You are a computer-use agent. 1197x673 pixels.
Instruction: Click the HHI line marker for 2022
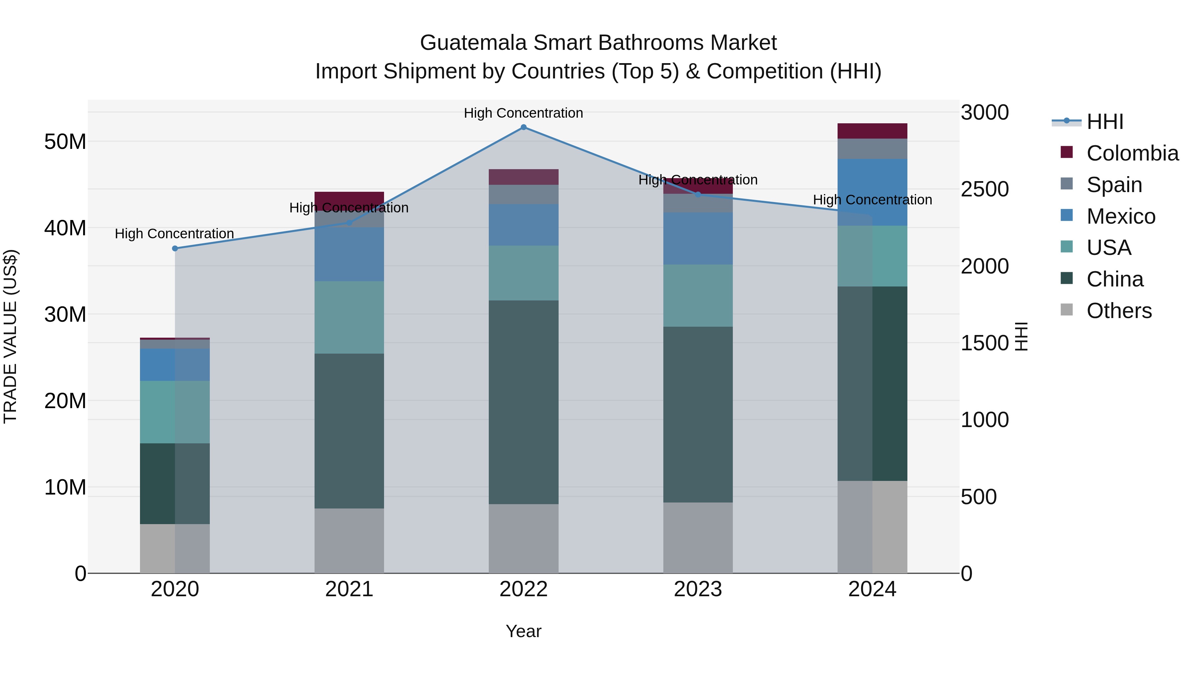tap(523, 127)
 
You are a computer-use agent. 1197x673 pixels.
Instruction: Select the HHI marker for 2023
tap(698, 195)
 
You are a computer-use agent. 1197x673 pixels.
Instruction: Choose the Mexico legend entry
tap(1120, 216)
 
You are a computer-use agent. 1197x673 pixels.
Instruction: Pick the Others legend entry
tap(1119, 311)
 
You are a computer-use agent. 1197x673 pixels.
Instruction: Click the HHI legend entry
tap(1104, 122)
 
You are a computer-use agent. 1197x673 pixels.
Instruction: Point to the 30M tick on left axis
tap(65, 314)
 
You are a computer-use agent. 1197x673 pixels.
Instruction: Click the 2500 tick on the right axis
tap(985, 189)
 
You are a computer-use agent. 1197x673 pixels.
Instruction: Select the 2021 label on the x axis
tap(349, 589)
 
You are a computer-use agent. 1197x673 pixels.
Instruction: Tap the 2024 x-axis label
tap(872, 589)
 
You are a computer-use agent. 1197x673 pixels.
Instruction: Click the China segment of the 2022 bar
tap(523, 402)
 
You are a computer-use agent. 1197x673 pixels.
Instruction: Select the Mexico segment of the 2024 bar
tap(872, 192)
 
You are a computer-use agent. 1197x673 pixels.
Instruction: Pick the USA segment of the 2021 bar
tap(349, 317)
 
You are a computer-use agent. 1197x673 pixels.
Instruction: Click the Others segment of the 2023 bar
tap(698, 537)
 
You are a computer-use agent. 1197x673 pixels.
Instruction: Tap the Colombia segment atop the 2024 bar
tap(872, 131)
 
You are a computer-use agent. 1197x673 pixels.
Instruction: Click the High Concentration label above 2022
tap(523, 113)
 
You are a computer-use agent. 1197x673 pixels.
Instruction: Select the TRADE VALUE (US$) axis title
tap(10, 336)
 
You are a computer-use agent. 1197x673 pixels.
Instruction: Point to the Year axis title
tap(523, 631)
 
